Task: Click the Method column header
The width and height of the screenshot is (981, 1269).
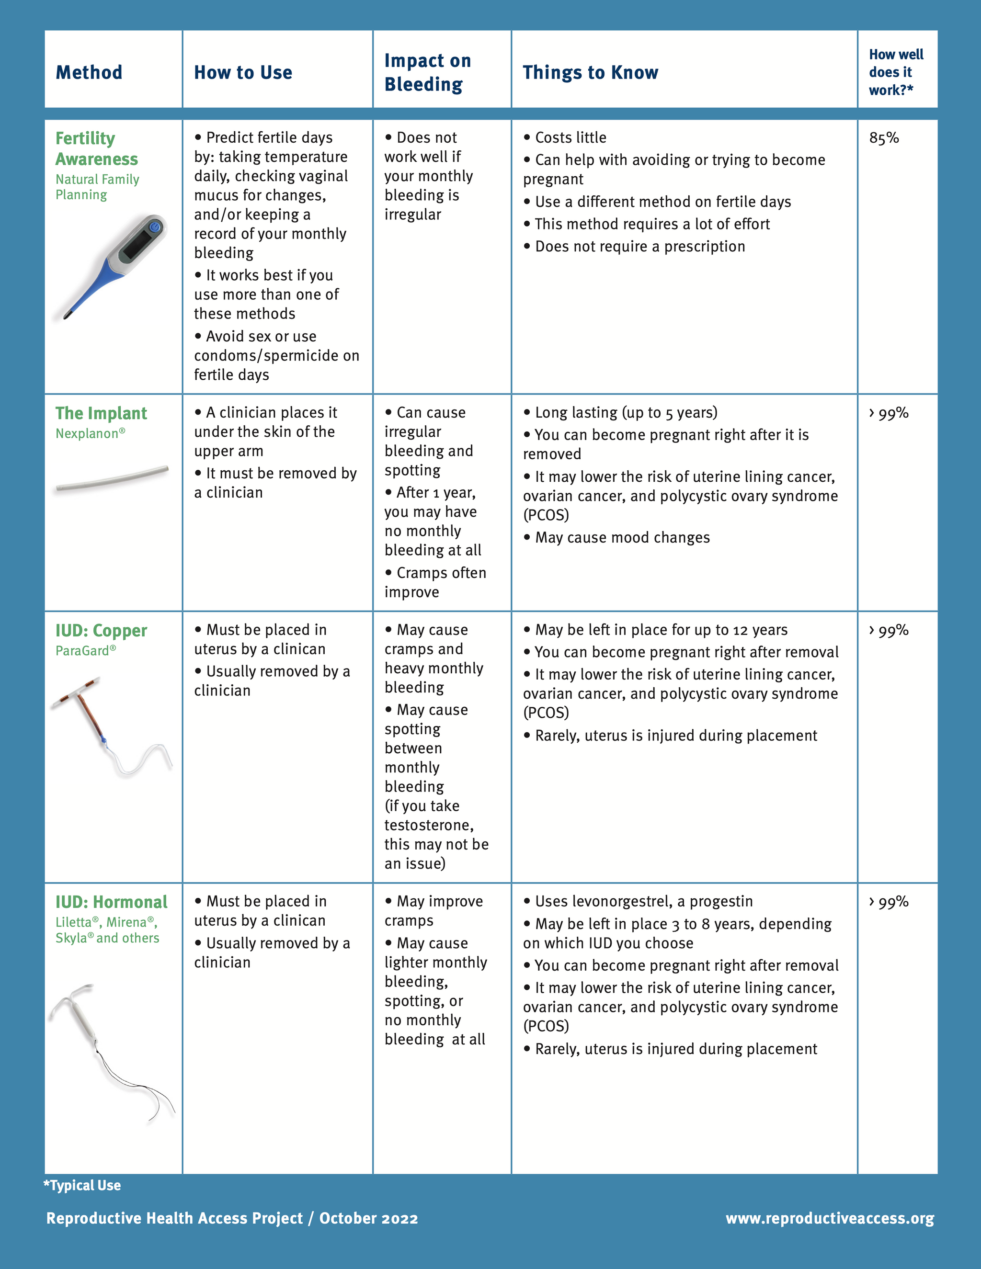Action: click(x=89, y=73)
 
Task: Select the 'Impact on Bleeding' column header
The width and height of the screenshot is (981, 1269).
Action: click(x=427, y=72)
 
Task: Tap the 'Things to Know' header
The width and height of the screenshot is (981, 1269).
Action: click(x=590, y=73)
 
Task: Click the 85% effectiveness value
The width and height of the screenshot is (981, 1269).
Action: click(x=883, y=138)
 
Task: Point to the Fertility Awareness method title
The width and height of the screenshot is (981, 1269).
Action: click(x=96, y=149)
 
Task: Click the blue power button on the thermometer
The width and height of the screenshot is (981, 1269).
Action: click(x=155, y=227)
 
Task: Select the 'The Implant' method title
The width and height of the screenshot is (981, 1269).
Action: click(x=101, y=413)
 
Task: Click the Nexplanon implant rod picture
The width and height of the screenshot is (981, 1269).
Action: click(x=112, y=479)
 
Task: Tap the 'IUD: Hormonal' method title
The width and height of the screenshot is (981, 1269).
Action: click(x=111, y=902)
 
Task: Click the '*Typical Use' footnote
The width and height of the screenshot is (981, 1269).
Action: click(x=82, y=1185)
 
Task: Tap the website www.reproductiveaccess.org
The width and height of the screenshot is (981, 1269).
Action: click(x=829, y=1218)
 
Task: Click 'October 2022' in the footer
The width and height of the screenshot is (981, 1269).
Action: click(x=368, y=1218)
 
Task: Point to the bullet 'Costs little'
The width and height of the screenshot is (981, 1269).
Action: click(x=570, y=138)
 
